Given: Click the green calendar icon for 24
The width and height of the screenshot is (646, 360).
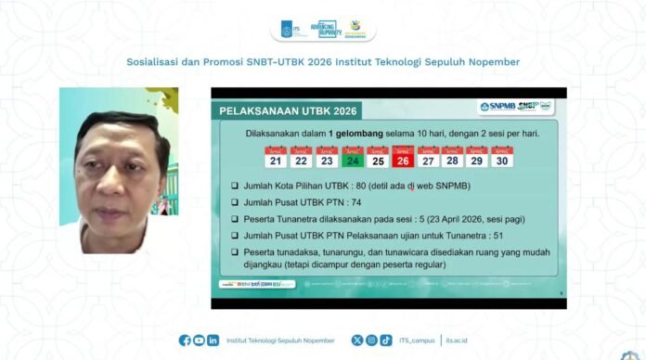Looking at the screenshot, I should (352, 157).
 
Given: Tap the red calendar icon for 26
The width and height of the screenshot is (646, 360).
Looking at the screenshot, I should (402, 157).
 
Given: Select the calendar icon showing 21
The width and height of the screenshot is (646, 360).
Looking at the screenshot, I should (276, 157).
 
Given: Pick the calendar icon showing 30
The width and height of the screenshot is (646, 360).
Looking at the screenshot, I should (502, 157).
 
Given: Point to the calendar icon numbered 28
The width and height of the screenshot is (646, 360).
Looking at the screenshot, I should (452, 157).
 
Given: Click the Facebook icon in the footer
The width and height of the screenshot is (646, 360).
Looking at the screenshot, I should (185, 341).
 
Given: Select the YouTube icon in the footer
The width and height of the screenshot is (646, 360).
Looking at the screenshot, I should (199, 341).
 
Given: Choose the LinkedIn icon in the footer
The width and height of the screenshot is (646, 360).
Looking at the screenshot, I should (213, 341).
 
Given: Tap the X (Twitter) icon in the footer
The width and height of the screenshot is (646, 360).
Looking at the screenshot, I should (357, 341).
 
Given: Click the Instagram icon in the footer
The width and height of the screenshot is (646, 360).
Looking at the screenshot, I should (371, 341).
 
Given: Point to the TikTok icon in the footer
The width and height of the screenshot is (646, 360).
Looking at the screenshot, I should (386, 341).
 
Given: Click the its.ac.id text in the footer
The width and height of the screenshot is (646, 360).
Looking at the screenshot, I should (457, 341).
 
